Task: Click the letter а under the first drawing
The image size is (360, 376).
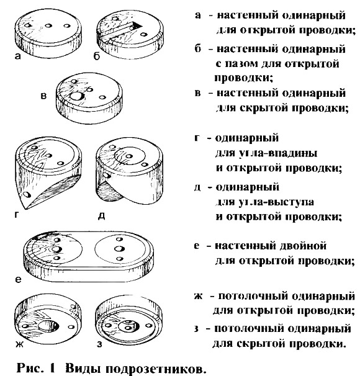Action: click(x=18, y=56)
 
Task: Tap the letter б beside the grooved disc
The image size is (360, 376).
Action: click(x=97, y=56)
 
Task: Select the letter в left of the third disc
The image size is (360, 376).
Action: click(x=43, y=96)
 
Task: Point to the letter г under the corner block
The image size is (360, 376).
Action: click(x=17, y=215)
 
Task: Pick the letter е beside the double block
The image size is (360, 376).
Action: click(x=18, y=279)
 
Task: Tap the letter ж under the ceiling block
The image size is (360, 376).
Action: click(x=20, y=344)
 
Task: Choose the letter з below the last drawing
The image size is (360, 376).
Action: click(x=99, y=344)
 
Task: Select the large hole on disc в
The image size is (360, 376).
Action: click(x=76, y=96)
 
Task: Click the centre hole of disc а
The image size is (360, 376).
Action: click(x=48, y=25)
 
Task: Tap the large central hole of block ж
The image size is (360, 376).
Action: click(x=48, y=326)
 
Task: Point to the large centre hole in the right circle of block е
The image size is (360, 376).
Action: click(x=119, y=249)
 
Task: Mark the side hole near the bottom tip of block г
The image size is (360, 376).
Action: click(x=27, y=194)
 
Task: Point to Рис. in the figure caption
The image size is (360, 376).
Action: click(x=30, y=367)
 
